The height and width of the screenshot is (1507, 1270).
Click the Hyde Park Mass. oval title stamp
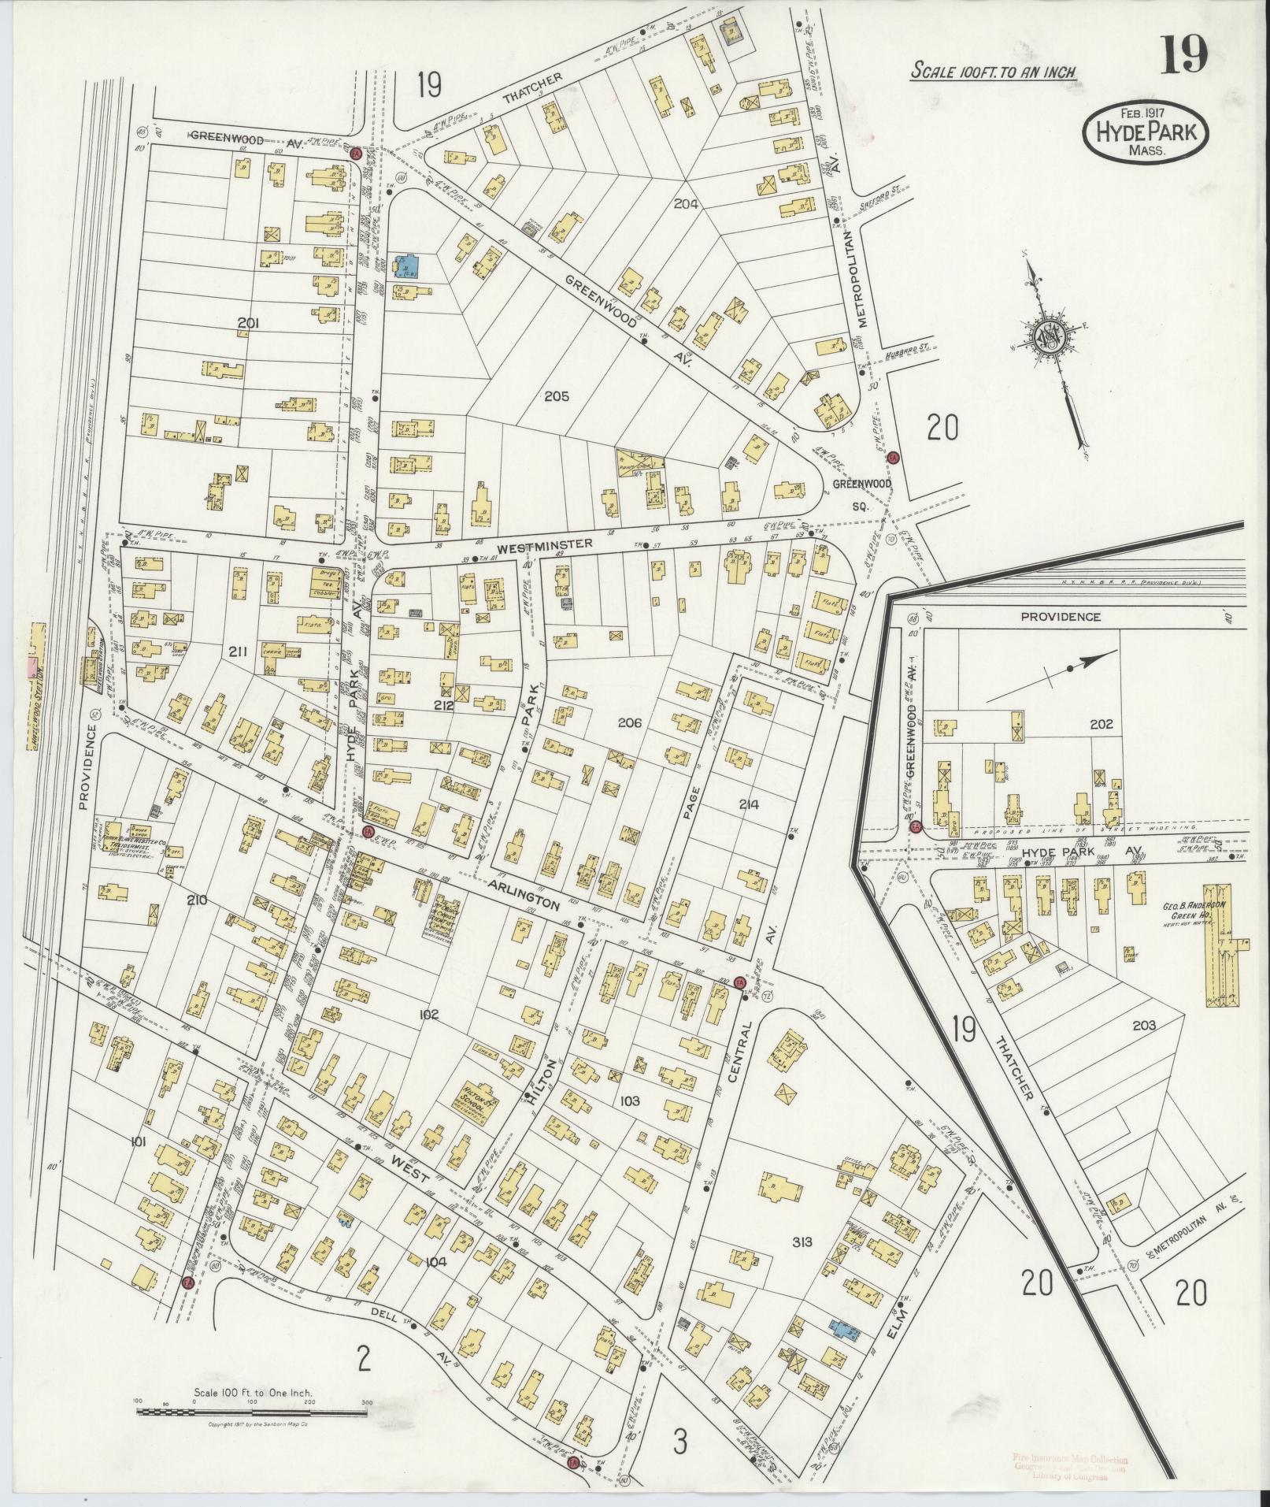click(x=1146, y=134)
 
